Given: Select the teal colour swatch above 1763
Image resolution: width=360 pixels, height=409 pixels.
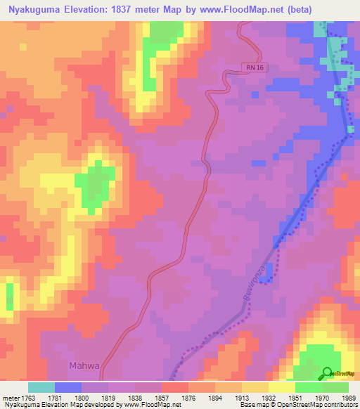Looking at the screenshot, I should coord(41,387).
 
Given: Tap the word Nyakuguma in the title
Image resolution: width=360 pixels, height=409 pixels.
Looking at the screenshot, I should coord(33,9).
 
